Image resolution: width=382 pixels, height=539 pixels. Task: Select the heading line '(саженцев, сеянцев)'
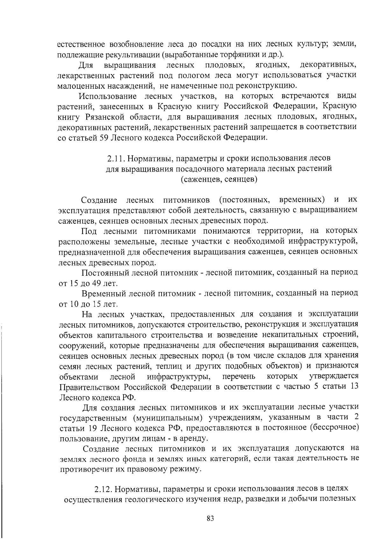pyautogui.click(x=219, y=179)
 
